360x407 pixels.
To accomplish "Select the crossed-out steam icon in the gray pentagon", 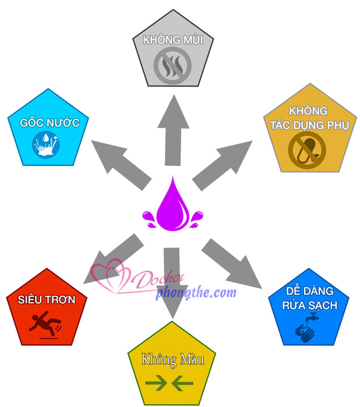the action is coord(172,65).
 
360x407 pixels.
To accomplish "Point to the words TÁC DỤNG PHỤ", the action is coord(308,125).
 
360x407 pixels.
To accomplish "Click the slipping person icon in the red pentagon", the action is coord(47,325).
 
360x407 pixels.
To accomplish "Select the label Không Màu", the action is coord(173,359).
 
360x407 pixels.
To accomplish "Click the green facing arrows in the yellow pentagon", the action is coord(169,383).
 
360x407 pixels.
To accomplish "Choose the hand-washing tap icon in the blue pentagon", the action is coord(305,328).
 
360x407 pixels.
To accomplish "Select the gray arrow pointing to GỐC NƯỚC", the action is coord(121,163).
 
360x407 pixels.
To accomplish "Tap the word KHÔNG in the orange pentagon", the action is coord(307,111).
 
